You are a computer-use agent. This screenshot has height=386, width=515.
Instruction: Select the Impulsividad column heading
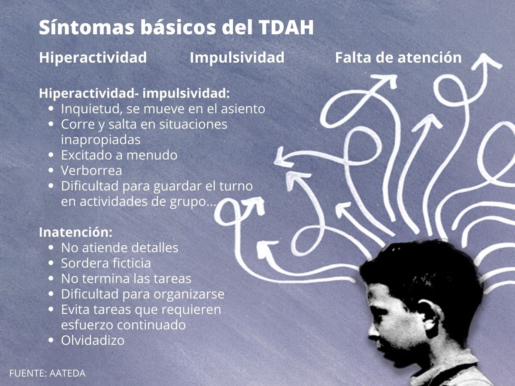[x=237, y=57]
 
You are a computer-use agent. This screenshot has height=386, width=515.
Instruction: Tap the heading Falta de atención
[x=398, y=57]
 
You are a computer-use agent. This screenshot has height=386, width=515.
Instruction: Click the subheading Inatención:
[x=76, y=232]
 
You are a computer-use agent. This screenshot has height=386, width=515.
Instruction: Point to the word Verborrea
[x=91, y=171]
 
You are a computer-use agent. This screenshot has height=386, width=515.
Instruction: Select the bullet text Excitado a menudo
[x=119, y=155]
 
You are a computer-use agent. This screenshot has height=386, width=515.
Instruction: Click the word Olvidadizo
[x=93, y=341]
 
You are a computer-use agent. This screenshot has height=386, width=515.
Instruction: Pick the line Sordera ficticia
[x=106, y=263]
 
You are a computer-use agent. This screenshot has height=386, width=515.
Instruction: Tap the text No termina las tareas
[x=126, y=279]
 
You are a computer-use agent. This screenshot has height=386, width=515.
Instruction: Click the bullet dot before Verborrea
[x=51, y=171]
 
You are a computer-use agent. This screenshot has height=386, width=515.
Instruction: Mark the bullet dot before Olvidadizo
[x=51, y=341]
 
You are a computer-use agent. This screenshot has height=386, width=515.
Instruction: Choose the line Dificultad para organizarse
[x=142, y=294]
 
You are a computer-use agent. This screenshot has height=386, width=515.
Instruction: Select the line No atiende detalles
[x=120, y=248]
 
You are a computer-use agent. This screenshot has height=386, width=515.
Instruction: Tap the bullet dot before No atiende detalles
[x=51, y=248]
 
